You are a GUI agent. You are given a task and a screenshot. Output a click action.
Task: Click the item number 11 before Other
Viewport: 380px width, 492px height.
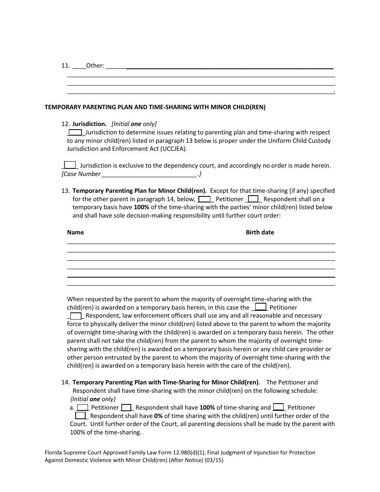point(66,66)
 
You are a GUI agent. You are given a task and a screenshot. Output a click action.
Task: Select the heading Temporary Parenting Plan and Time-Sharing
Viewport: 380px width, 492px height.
point(155,107)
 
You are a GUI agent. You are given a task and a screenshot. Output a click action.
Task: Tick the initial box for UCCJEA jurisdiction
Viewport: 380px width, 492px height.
point(75,132)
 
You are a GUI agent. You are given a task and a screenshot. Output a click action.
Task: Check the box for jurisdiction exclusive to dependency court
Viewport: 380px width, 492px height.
point(70,165)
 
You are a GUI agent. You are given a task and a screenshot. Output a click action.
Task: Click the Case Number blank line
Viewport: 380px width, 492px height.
point(149,174)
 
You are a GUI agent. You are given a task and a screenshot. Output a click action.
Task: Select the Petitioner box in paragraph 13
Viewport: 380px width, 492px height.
point(204,199)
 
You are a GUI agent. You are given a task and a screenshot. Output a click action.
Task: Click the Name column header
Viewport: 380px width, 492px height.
point(75,232)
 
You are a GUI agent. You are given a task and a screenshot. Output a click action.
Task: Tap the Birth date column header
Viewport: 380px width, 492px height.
point(260,232)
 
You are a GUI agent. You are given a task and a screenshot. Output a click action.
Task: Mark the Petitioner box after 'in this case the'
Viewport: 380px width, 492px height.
point(261,308)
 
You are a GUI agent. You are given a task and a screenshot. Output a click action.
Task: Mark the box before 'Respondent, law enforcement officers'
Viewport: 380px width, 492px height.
point(76,316)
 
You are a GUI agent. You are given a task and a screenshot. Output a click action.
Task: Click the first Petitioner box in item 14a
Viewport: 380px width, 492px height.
point(83,408)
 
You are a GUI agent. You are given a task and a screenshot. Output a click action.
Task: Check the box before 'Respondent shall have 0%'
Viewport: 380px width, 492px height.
point(80,416)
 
